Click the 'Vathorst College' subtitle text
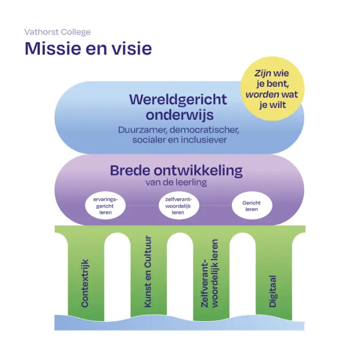pos(57,32)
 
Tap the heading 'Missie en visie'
pos(88,49)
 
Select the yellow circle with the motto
pos(272,89)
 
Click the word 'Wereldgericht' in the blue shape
pos(178,100)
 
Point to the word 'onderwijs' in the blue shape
pos(180,115)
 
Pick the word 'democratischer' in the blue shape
pos(205,130)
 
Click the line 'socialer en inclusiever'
pos(180,140)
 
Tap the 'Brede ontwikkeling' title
pos(176,170)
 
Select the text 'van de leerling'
pos(176,182)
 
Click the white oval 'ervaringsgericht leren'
pos(105,206)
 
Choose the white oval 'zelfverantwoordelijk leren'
pos(179,206)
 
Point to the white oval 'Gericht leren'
pos(252,206)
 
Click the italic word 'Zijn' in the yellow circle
pos(262,73)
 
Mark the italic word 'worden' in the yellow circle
pos(262,95)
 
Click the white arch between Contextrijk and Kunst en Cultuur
pos(117,276)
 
